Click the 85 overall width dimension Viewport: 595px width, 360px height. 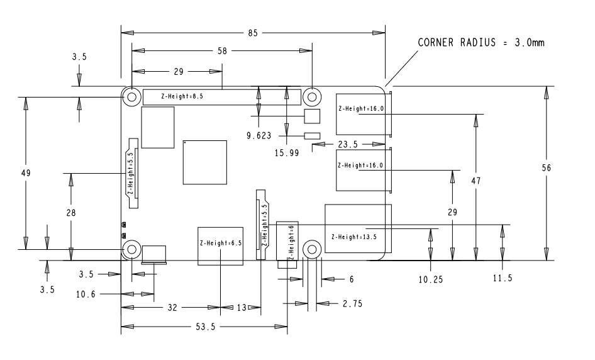(x=253, y=33)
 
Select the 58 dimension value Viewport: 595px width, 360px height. (x=222, y=50)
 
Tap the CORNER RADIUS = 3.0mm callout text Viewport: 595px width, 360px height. (x=481, y=42)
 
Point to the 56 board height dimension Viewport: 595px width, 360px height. (x=546, y=167)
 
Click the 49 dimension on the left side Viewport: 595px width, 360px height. (x=25, y=173)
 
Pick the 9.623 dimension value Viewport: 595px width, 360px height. (x=259, y=135)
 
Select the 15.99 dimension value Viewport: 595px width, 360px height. (x=287, y=153)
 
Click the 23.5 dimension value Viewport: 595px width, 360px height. (x=348, y=144)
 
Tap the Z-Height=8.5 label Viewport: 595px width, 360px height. (x=182, y=96)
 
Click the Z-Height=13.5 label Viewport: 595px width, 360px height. (x=354, y=237)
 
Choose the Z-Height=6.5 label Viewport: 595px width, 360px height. (x=221, y=243)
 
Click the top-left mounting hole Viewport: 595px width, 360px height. (x=131, y=97)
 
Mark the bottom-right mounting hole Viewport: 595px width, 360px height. (x=312, y=249)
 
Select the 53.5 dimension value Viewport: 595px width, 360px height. (x=205, y=327)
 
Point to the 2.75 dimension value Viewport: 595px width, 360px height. (x=352, y=303)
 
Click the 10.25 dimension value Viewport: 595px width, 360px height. (x=431, y=279)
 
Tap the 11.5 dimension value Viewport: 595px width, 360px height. (x=503, y=278)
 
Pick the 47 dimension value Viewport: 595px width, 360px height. (x=476, y=181)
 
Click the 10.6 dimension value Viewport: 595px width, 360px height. (x=86, y=294)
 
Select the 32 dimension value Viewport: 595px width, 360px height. (x=172, y=308)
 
